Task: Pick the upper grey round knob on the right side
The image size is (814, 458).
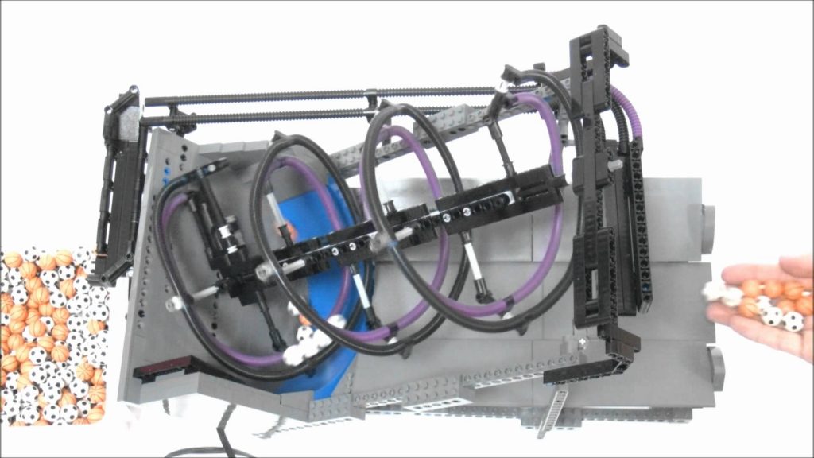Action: coord(707,219)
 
